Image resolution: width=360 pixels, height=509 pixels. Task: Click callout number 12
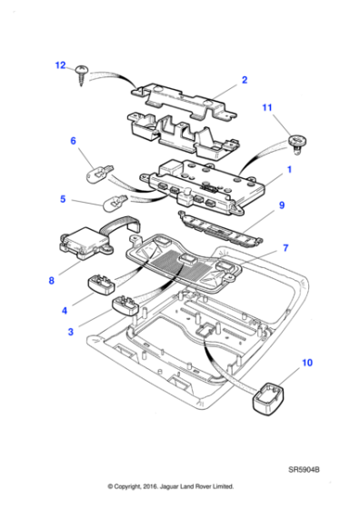60,65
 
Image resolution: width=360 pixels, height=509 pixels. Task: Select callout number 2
245,80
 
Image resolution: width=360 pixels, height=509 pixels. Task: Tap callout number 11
267,109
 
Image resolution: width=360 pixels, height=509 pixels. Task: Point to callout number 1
289,170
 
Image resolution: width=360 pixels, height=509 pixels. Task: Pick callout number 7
285,247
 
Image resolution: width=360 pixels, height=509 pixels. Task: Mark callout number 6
74,141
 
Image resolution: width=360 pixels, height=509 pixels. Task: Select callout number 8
52,281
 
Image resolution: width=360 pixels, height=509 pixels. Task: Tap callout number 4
64,311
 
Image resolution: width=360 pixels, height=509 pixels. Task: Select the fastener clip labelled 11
295,139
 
